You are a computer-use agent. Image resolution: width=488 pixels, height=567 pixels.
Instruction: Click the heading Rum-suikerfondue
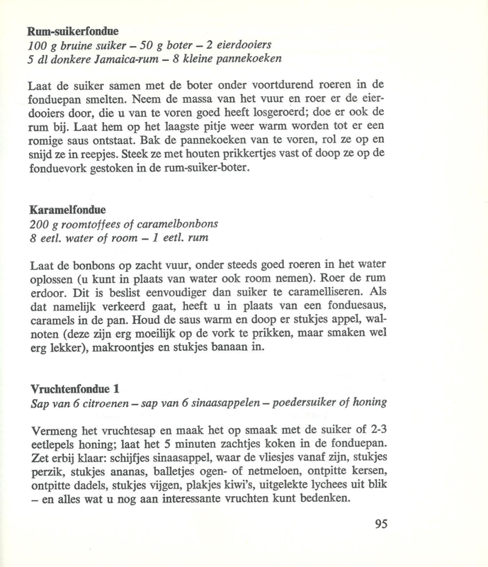pos(72,32)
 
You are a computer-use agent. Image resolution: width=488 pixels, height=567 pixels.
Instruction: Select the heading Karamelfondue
pos(67,210)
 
